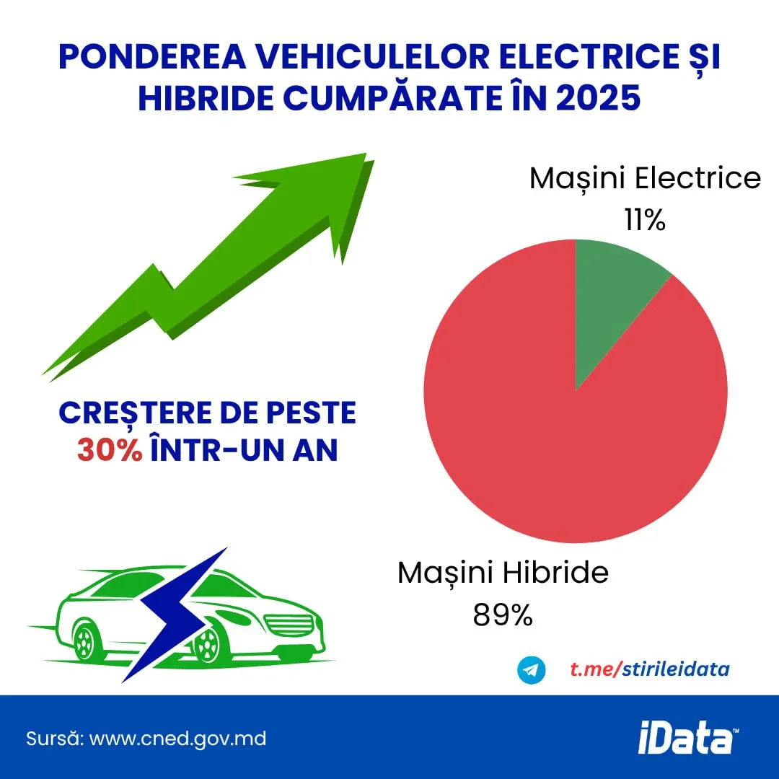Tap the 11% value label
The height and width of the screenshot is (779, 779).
tap(645, 220)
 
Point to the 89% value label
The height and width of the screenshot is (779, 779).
tap(503, 615)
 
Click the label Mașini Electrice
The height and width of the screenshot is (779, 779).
tap(645, 178)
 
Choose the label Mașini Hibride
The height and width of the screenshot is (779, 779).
tap(503, 573)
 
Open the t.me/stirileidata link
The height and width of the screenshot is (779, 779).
tap(649, 669)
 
